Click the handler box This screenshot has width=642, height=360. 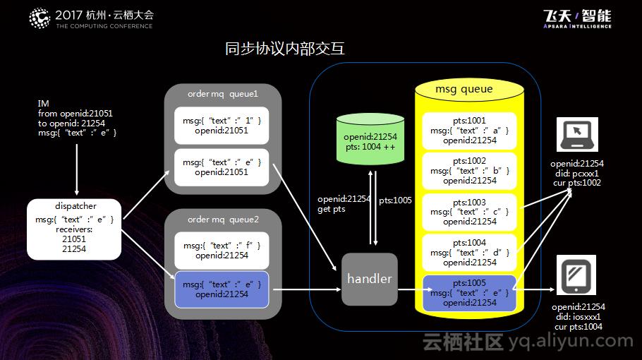pyautogui.click(x=369, y=279)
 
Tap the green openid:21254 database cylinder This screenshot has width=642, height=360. pyautogui.click(x=370, y=140)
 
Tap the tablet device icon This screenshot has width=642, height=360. pyautogui.click(x=576, y=276)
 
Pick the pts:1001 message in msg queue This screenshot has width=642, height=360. pyautogui.click(x=469, y=131)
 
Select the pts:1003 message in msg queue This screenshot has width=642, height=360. pyautogui.click(x=469, y=212)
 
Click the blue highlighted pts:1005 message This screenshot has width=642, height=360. pyautogui.click(x=469, y=292)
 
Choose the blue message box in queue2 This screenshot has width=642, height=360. pyautogui.click(x=222, y=289)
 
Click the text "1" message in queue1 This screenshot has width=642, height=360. pyautogui.click(x=222, y=126)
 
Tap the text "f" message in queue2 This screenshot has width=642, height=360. pyautogui.click(x=222, y=251)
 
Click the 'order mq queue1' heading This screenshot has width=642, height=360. pyautogui.click(x=222, y=93)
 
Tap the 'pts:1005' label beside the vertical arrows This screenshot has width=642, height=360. pyautogui.click(x=395, y=200)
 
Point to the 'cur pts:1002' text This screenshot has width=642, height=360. pyautogui.click(x=577, y=183)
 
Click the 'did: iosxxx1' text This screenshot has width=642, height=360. pyautogui.click(x=577, y=317)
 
